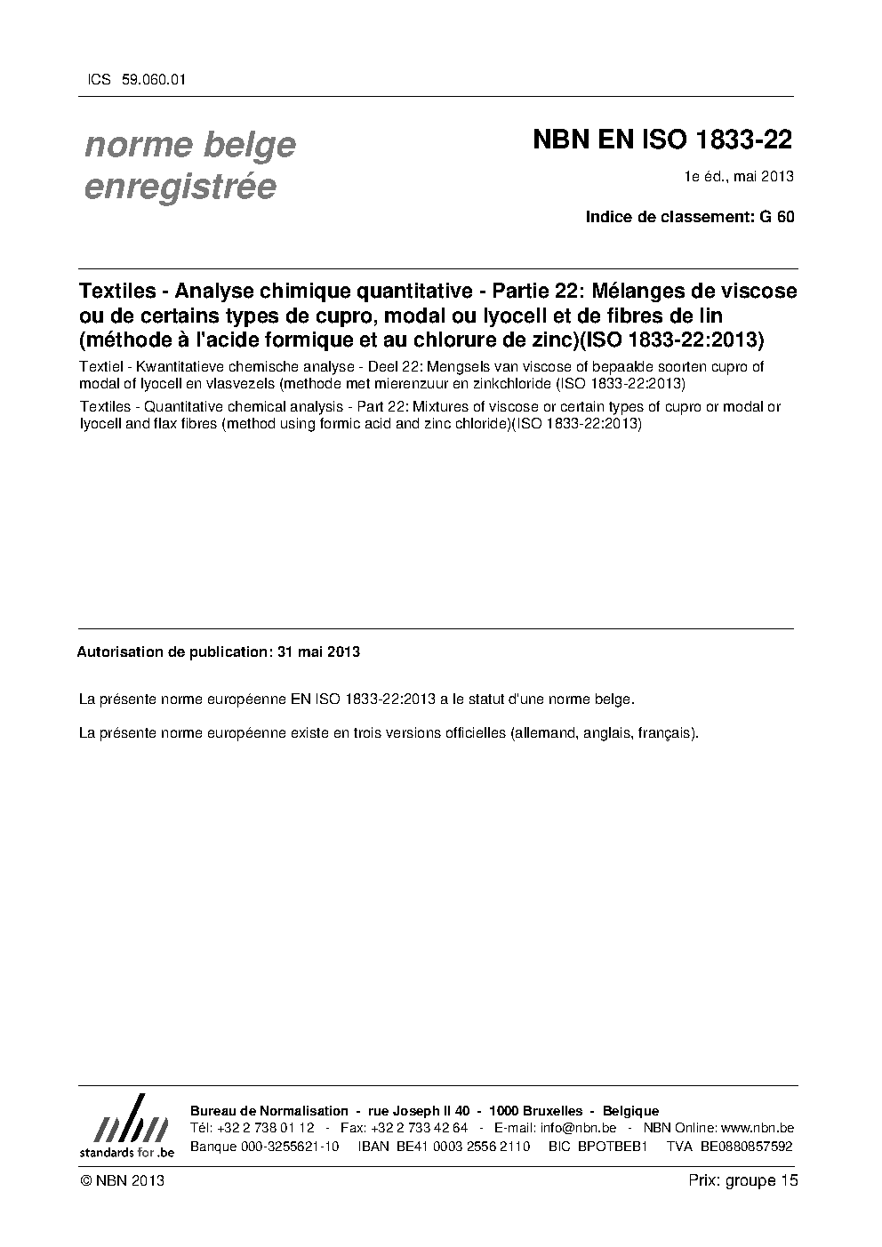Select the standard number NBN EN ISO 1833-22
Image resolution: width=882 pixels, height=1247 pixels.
(x=662, y=140)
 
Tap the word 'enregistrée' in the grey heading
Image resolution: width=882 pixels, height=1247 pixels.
(x=180, y=187)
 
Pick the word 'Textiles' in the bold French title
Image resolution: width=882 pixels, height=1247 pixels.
(x=119, y=291)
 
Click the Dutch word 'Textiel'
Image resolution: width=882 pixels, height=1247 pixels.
(x=101, y=366)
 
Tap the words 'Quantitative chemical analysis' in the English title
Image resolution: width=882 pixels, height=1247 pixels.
(x=237, y=407)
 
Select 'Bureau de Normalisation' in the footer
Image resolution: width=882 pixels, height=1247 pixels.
(x=269, y=1111)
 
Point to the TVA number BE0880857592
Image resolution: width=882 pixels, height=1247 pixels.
(x=746, y=1146)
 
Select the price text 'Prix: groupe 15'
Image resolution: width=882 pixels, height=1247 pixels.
(x=743, y=1180)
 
